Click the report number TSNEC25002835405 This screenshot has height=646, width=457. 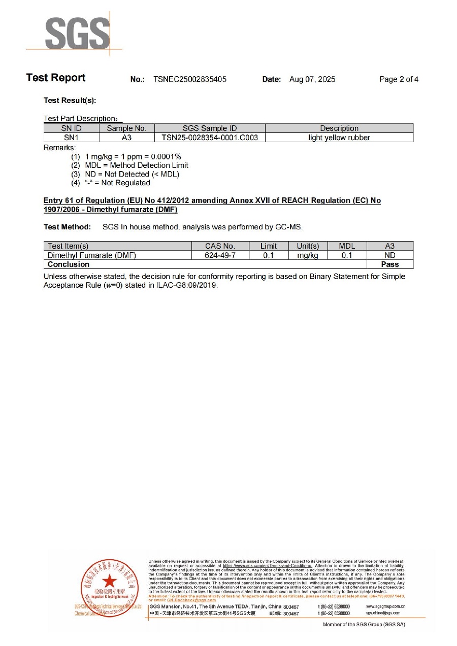[x=190, y=79]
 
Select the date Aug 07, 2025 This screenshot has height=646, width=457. [x=312, y=79]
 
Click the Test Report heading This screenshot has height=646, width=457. [x=56, y=78]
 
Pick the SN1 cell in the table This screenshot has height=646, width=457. [x=71, y=138]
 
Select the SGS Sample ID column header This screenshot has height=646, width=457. [x=210, y=128]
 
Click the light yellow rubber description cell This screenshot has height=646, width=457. [x=339, y=138]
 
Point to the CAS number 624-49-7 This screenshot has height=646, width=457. [x=220, y=255]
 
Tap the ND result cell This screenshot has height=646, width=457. [x=390, y=255]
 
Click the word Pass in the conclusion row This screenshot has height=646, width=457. [x=390, y=264]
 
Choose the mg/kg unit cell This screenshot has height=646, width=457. [x=307, y=255]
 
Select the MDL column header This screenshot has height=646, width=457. [x=347, y=246]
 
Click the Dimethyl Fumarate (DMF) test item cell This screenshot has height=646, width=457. [x=92, y=255]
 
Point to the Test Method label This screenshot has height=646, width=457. [x=68, y=227]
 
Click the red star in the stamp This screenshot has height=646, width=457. [x=109, y=582]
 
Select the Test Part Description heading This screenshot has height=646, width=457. [x=83, y=119]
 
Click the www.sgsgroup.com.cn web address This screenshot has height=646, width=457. [x=385, y=606]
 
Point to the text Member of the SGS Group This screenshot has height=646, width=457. [x=364, y=624]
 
